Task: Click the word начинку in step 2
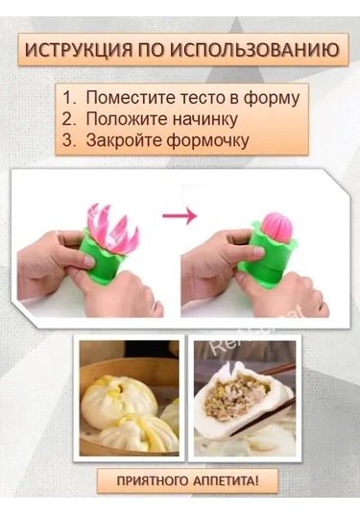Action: coord(198,119)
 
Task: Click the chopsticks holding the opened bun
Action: coord(278,370)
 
